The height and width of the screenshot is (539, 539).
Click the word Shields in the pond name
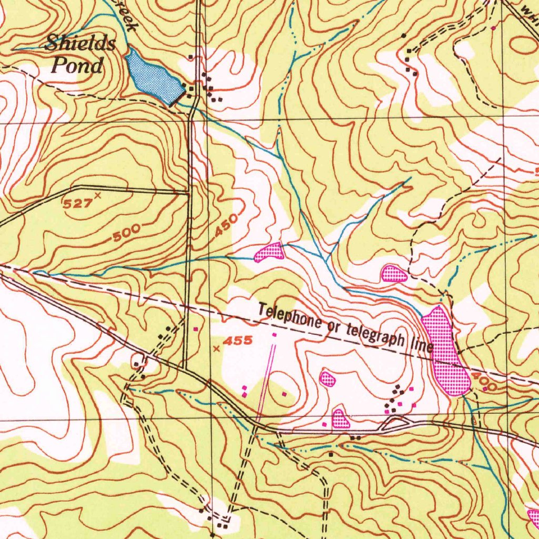click(80, 43)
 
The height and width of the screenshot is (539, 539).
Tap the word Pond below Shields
click(77, 66)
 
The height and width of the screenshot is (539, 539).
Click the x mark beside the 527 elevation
click(97, 196)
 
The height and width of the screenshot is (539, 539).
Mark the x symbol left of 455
click(216, 348)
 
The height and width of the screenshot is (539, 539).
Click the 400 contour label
click(483, 382)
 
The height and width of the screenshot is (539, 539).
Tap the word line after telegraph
click(422, 345)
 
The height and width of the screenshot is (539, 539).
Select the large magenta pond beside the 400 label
click(445, 351)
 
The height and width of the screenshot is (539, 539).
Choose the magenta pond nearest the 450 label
click(269, 252)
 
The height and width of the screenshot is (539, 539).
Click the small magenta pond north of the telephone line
click(394, 274)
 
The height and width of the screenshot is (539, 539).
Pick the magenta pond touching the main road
click(341, 418)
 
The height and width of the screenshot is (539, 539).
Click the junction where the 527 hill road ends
click(188, 193)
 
